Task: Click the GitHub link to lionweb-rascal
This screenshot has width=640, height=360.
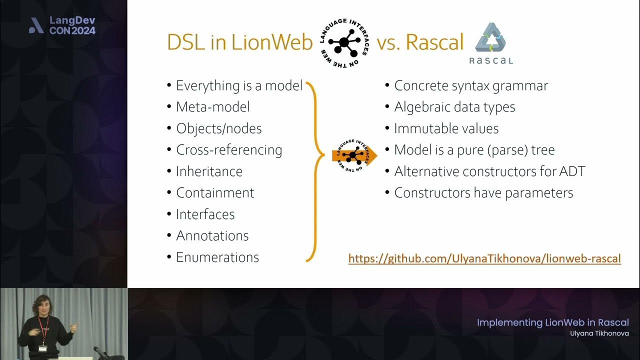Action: click(484, 258)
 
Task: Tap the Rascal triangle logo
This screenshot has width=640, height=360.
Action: click(490, 38)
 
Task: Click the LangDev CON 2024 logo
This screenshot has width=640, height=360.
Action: click(62, 25)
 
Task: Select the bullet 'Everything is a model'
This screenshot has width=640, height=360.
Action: click(239, 85)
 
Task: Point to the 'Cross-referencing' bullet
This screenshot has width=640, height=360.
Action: click(229, 150)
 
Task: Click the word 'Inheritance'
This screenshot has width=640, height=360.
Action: click(209, 171)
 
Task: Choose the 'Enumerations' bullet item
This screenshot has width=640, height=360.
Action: click(217, 257)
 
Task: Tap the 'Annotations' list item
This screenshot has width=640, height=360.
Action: click(212, 236)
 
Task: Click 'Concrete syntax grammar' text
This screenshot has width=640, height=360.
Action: click(471, 85)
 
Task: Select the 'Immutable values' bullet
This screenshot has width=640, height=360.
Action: click(446, 128)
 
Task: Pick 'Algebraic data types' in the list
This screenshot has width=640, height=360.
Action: click(454, 107)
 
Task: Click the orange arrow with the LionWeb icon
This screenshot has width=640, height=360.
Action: click(354, 156)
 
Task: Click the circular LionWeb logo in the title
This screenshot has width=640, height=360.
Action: click(344, 43)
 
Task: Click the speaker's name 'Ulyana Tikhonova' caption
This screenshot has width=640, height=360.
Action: click(599, 333)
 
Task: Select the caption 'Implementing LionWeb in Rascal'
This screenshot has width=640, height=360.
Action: click(552, 322)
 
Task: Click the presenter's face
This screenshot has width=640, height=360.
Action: click(41, 305)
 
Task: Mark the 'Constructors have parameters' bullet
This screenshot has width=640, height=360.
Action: click(483, 193)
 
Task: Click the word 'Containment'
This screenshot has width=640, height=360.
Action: click(215, 193)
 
